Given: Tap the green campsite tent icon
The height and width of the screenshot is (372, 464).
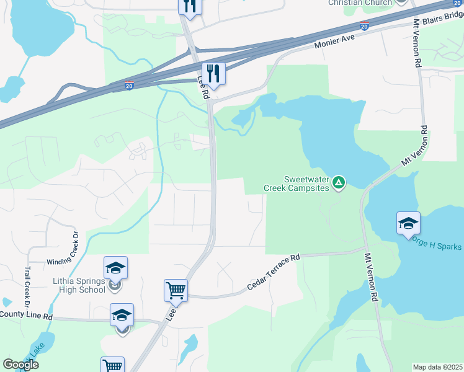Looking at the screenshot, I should pyautogui.click(x=339, y=182).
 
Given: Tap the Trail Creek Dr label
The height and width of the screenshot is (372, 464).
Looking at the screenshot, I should pyautogui.click(x=27, y=286).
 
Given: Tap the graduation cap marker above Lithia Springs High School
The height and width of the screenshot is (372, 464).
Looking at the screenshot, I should pyautogui.click(x=115, y=268).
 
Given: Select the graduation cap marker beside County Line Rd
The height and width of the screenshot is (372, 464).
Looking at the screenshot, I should pyautogui.click(x=122, y=315).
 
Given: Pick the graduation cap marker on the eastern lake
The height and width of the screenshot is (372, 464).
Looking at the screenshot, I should pyautogui.click(x=409, y=223).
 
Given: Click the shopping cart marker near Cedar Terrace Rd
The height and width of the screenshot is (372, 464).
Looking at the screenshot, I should pyautogui.click(x=176, y=290).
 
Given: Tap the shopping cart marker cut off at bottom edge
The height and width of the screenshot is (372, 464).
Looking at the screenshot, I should pyautogui.click(x=112, y=365).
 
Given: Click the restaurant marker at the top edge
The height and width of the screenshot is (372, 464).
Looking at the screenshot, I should pyautogui.click(x=190, y=6).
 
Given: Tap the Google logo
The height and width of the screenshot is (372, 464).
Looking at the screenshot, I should pyautogui.click(x=20, y=365).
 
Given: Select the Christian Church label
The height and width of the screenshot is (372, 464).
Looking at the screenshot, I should pyautogui.click(x=360, y=2).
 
